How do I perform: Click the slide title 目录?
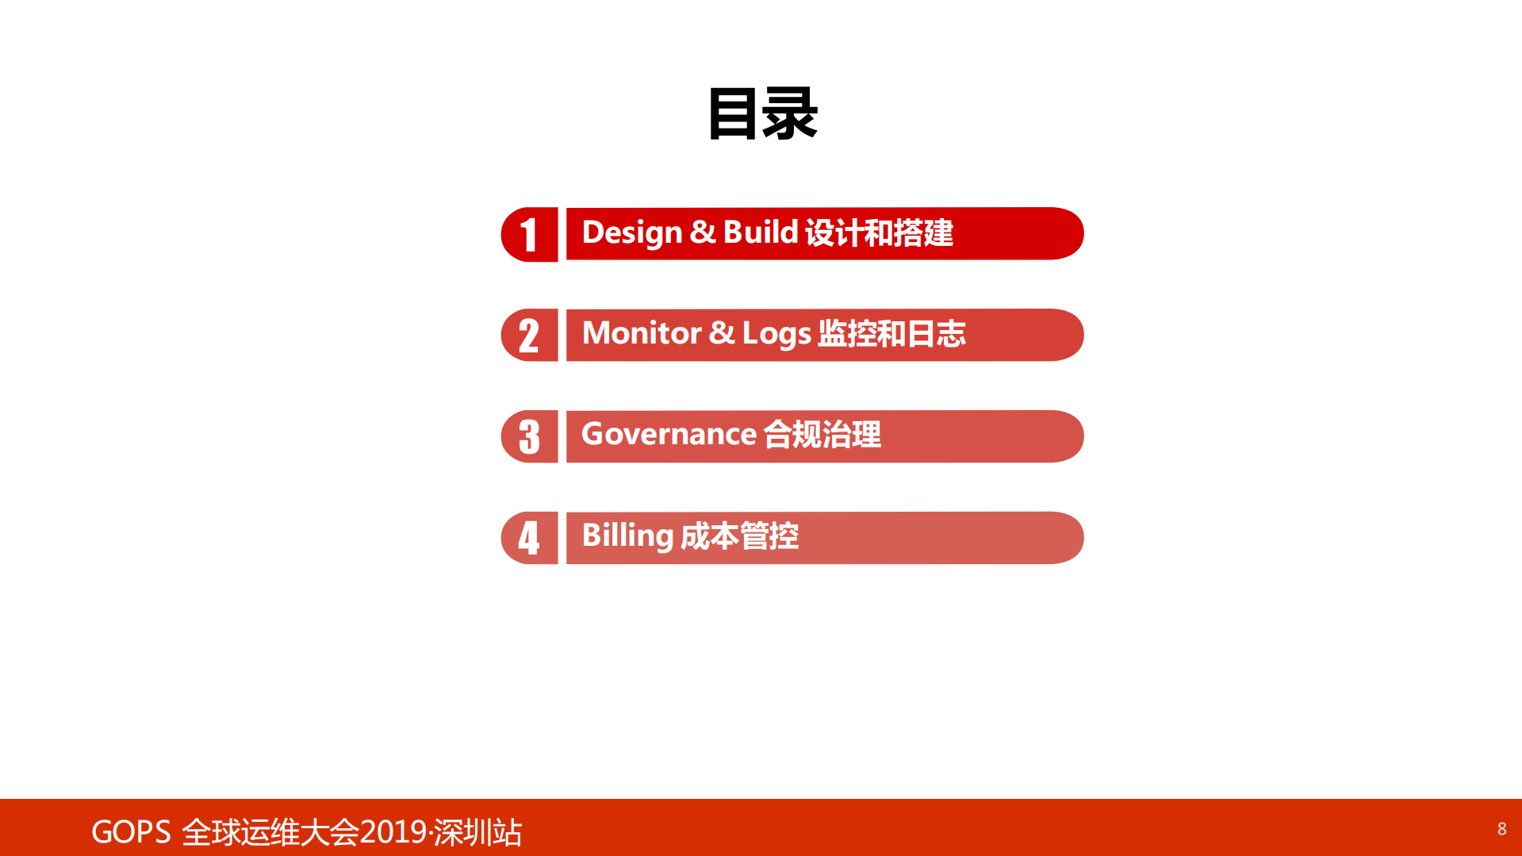click(x=761, y=114)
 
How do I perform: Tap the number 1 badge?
click(x=529, y=234)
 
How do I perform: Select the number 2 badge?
click(x=529, y=335)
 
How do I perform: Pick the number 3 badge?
click(x=529, y=436)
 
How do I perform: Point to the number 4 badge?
click(x=529, y=538)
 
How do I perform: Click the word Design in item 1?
click(x=631, y=233)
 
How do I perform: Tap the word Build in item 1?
click(x=760, y=232)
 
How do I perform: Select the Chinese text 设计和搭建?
click(x=879, y=233)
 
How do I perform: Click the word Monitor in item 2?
click(x=642, y=333)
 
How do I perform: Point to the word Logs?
click(x=776, y=334)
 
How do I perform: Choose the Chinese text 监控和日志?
click(x=891, y=334)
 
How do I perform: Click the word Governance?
click(x=669, y=435)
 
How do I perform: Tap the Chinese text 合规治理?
click(x=822, y=435)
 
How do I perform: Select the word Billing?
click(x=627, y=536)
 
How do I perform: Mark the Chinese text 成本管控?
click(x=739, y=536)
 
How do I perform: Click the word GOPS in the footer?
click(x=131, y=832)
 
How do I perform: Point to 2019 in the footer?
click(x=393, y=832)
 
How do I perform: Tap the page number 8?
click(x=1501, y=829)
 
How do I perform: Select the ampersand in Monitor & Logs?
click(x=721, y=333)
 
